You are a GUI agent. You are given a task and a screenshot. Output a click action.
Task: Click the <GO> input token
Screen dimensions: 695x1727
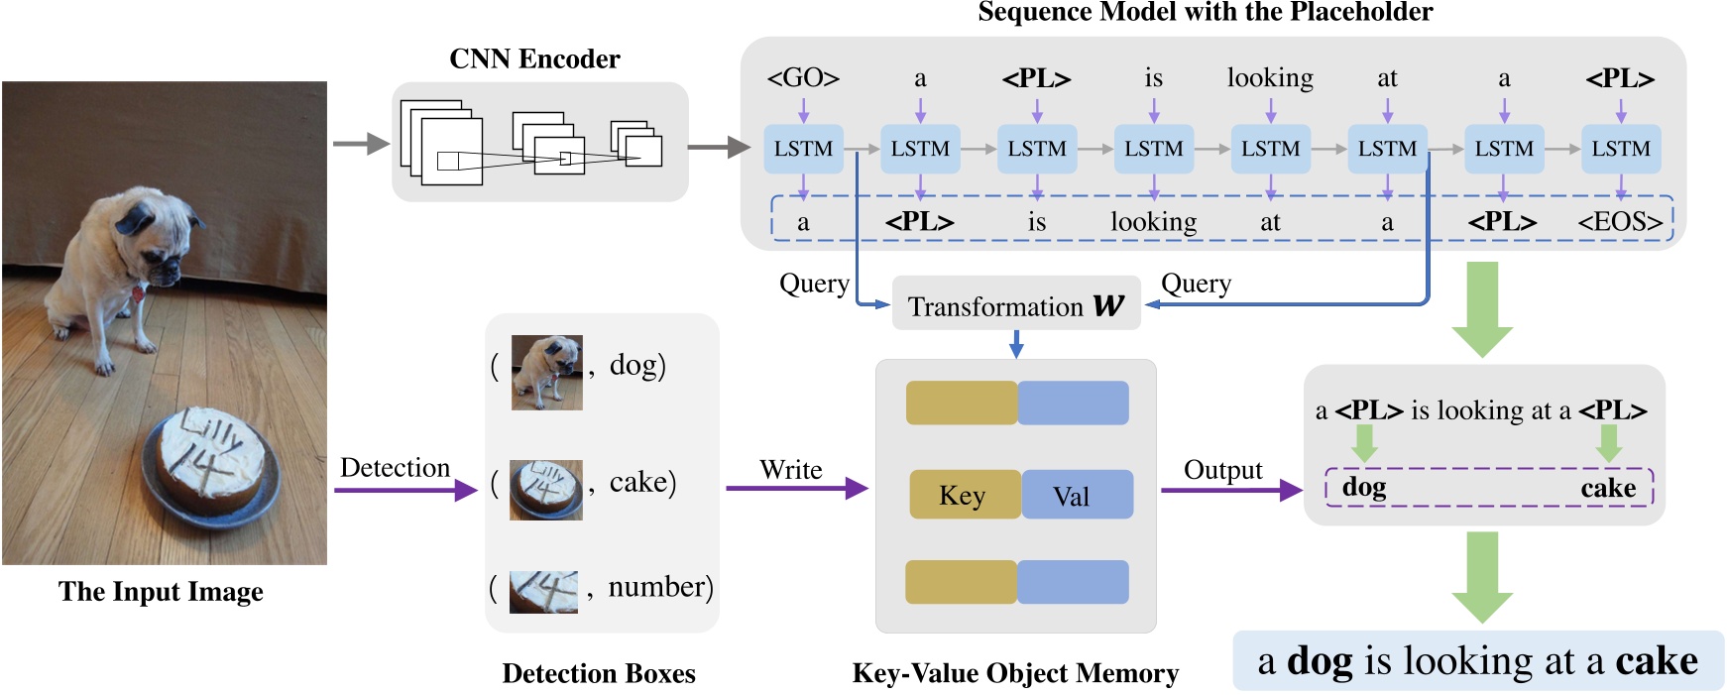point(803,77)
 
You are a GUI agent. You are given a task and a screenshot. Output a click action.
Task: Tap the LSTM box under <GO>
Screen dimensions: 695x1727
point(803,149)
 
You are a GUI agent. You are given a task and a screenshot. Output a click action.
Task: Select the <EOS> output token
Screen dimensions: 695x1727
point(1620,221)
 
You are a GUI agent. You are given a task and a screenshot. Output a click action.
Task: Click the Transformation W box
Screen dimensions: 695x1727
point(1016,306)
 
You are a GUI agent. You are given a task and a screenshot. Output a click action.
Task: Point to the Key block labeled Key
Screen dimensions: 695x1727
point(964,495)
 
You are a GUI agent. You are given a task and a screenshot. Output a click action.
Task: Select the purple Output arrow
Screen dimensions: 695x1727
point(1230,490)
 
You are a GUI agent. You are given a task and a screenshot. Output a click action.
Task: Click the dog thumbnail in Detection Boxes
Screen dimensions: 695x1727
point(546,373)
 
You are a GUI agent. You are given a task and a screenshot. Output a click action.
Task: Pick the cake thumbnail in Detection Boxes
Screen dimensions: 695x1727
point(546,490)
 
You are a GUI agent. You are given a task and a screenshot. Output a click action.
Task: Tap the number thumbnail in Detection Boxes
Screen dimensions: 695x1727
point(543,592)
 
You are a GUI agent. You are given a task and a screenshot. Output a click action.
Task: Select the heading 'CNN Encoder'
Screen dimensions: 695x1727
point(534,59)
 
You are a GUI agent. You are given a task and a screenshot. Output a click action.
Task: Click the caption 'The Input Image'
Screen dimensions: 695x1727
point(161,592)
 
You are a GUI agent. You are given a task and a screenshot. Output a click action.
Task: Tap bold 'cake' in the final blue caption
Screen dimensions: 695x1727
point(1656,661)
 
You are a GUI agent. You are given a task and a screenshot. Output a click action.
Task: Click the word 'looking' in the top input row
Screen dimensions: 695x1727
point(1270,77)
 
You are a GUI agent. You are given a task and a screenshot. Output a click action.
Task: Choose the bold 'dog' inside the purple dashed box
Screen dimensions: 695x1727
point(1364,488)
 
